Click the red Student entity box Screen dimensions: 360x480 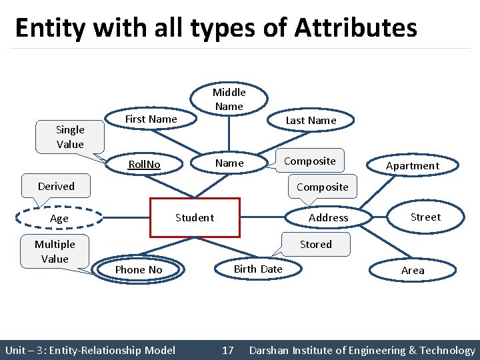tap(195, 217)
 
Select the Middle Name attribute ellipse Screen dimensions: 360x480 tap(229, 99)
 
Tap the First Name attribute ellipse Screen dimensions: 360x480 tap(151, 119)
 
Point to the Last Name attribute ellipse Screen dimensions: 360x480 tap(311, 121)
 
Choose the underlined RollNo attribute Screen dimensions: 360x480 tap(145, 164)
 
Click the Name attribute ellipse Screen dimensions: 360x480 tap(229, 163)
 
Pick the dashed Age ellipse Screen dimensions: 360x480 tap(59, 218)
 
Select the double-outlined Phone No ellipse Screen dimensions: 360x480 tap(139, 269)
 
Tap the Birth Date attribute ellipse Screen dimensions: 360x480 tap(257, 269)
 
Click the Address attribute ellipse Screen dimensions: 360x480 tap(328, 217)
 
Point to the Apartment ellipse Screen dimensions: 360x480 tap(413, 166)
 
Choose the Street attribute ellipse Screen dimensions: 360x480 tap(425, 217)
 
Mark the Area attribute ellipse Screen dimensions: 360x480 tap(413, 270)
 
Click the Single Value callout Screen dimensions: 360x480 tap(70, 137)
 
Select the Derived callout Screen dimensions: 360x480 tap(56, 186)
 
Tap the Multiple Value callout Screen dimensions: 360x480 tap(55, 251)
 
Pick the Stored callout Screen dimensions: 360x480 tap(315, 244)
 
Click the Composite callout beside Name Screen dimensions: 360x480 tap(309, 161)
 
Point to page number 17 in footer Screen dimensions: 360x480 tap(228, 350)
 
